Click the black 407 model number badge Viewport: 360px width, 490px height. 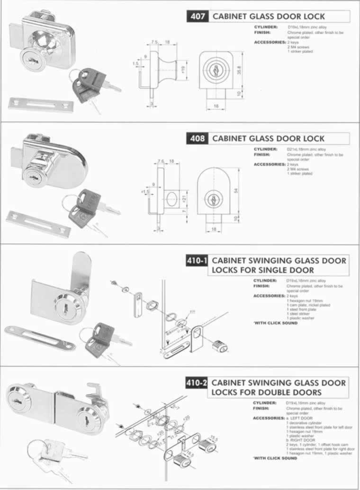coord(198,16)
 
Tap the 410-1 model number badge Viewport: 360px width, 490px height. coord(197,261)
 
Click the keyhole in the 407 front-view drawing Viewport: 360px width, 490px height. coord(214,70)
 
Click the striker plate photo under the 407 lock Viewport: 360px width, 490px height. coord(41,104)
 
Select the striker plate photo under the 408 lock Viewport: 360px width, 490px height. coord(38,224)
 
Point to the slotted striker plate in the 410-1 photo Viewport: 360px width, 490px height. coord(40,338)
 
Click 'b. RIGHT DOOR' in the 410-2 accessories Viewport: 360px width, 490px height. coord(298,440)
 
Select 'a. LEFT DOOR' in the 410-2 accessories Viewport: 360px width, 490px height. coord(297,419)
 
